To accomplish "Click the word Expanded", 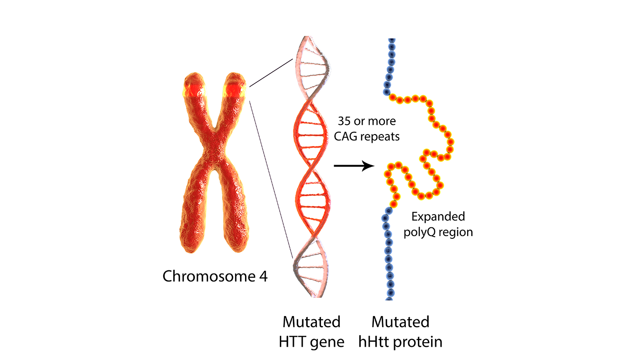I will (438, 216).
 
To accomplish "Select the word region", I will (456, 232).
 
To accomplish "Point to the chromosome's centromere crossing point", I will (214, 137).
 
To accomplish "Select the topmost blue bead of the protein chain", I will (391, 41).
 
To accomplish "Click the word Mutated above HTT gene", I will (311, 322).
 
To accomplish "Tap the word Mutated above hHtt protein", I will (400, 322).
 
